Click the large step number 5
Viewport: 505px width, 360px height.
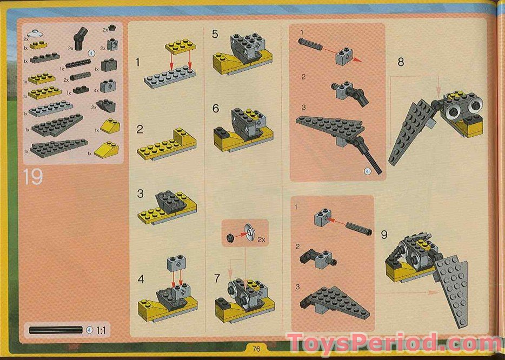tap(215, 35)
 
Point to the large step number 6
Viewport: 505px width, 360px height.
tap(216, 109)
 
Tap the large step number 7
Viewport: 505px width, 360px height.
tap(217, 279)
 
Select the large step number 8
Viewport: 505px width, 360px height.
tap(401, 62)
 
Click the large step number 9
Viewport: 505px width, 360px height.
tap(384, 235)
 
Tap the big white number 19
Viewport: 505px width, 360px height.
tap(33, 177)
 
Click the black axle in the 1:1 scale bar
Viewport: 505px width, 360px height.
tap(56, 329)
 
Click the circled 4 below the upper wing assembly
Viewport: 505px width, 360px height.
tap(368, 171)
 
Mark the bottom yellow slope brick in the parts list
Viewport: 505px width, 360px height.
tap(107, 149)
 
